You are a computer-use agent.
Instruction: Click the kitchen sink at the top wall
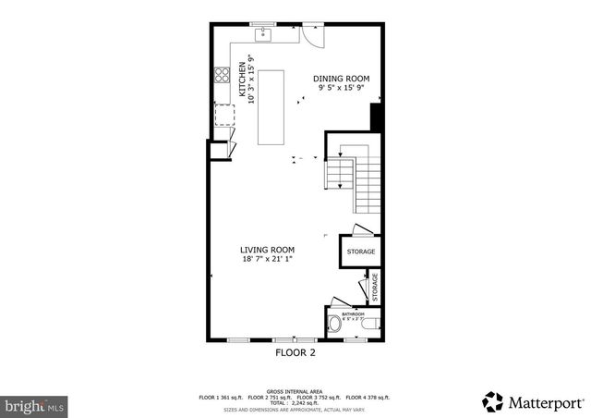(x=263, y=34)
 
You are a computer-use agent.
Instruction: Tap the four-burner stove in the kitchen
(x=223, y=77)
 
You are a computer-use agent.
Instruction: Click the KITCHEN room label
(x=244, y=80)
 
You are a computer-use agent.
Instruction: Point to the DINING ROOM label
(x=341, y=79)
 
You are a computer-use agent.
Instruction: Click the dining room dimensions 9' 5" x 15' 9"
(x=341, y=89)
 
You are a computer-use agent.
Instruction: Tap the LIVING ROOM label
(x=267, y=250)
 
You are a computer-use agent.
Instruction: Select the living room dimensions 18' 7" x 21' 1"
(x=267, y=260)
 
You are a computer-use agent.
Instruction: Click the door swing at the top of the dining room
(x=313, y=34)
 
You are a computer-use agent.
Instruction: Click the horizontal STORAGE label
(x=360, y=252)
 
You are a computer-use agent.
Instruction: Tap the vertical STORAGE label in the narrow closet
(x=375, y=287)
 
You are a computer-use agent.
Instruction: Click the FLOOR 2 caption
(x=295, y=353)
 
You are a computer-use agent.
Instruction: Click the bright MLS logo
(x=34, y=404)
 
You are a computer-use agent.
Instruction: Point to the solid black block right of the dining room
(x=376, y=117)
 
